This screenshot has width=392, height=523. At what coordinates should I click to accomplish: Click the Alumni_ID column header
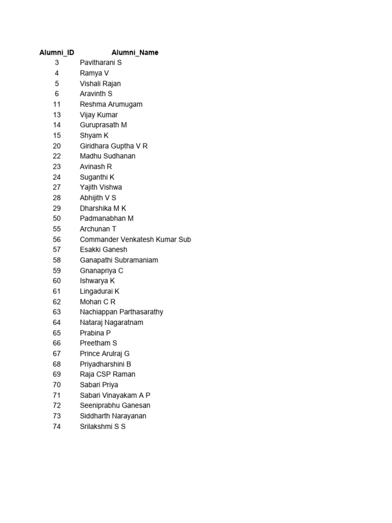coord(57,53)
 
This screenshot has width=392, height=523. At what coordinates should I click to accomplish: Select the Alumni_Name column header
coord(135,53)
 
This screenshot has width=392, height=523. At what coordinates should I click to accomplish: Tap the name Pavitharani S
coord(101,63)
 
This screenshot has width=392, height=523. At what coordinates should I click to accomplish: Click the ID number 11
coord(57,104)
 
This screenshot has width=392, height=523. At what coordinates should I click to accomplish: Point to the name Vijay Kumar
coord(99,115)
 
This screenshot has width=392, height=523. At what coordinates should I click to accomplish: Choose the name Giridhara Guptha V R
coord(113,146)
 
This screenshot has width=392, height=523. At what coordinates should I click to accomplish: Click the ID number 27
coord(57,187)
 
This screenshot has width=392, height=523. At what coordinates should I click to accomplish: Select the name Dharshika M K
coord(103,208)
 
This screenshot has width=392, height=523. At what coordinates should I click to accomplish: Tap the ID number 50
coord(57,219)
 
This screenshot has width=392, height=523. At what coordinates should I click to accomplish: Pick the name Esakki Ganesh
coord(103,250)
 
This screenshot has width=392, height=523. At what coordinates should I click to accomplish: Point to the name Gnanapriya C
coord(101,271)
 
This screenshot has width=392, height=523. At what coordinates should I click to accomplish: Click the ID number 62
coord(57,302)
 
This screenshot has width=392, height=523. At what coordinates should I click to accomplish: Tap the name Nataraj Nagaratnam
coord(111,323)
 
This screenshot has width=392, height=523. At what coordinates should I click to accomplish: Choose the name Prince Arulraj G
coord(105,354)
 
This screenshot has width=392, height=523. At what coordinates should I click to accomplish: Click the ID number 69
coord(57,374)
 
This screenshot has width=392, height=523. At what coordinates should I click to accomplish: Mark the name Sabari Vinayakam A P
coord(115,395)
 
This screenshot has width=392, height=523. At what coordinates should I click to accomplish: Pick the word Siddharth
coord(95,416)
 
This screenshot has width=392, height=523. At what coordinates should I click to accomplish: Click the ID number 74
coord(57,426)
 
